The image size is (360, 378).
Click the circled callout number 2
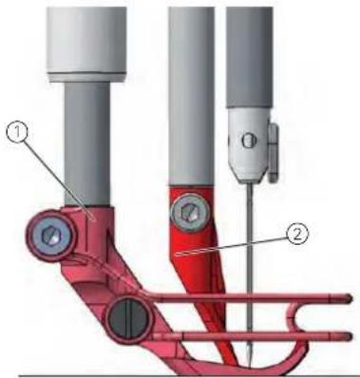296,236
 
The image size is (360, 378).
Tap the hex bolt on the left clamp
51,235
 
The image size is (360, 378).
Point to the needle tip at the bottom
250,368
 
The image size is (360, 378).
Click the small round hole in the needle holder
248,142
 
